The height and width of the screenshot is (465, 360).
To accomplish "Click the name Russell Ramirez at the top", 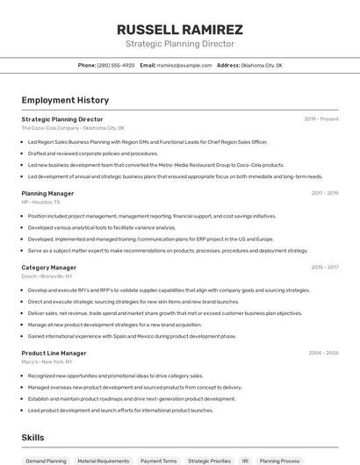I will pyautogui.click(x=180, y=30).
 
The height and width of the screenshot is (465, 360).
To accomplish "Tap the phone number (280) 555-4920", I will pyautogui.click(x=116, y=65).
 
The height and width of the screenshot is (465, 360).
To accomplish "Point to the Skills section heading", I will pyautogui.click(x=32, y=437).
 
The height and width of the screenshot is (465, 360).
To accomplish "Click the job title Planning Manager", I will pyautogui.click(x=47, y=193).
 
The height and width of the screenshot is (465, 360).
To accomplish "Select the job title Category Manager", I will pyautogui.click(x=49, y=268).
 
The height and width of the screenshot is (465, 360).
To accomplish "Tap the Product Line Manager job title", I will pyautogui.click(x=54, y=353).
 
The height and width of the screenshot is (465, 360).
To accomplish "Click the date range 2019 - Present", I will pyautogui.click(x=321, y=119).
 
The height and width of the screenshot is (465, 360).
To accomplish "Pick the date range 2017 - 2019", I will pyautogui.click(x=325, y=193).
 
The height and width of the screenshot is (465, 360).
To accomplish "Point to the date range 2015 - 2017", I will pyautogui.click(x=325, y=268).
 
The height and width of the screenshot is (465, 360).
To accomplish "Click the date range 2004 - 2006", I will pyautogui.click(x=323, y=353).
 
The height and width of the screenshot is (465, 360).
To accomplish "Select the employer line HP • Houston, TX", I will pyautogui.click(x=41, y=202).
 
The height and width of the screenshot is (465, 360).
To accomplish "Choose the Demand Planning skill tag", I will pyautogui.click(x=46, y=460).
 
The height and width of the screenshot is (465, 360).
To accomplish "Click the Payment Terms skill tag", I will pyautogui.click(x=158, y=460).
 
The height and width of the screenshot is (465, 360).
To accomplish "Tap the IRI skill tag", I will pyautogui.click(x=246, y=460).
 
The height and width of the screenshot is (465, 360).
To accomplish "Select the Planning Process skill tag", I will pyautogui.click(x=279, y=460).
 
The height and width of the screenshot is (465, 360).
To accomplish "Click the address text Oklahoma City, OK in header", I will pyautogui.click(x=263, y=65).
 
